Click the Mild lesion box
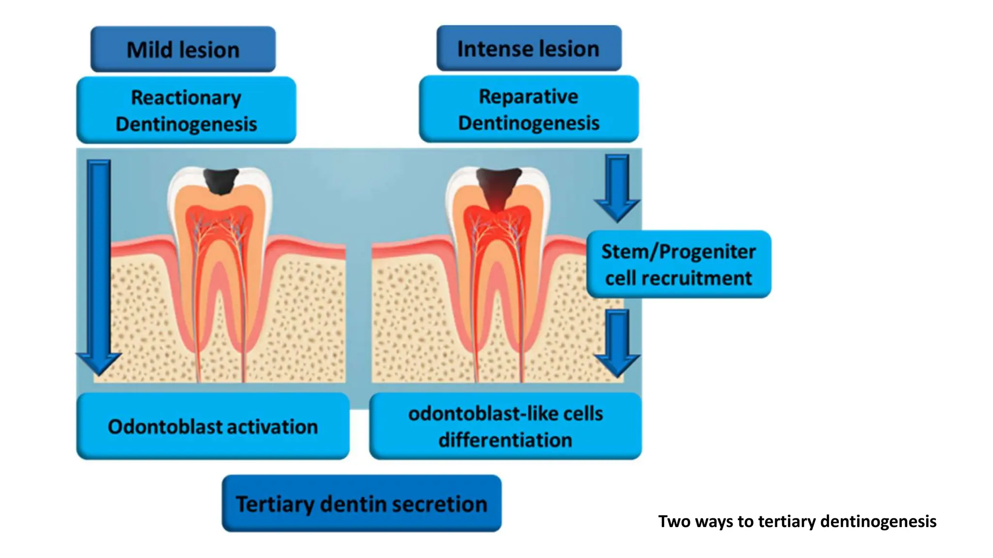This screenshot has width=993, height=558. click(183, 49)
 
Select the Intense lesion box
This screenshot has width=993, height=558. click(529, 48)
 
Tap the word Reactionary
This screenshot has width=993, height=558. click(186, 97)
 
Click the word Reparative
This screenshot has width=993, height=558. click(529, 96)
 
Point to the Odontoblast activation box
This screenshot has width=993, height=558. click(213, 426)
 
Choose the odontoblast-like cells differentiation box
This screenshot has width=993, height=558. click(505, 426)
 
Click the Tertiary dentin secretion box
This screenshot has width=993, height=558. click(361, 504)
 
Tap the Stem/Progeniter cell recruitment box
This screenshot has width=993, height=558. click(678, 264)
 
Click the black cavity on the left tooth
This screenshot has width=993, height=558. click(221, 181)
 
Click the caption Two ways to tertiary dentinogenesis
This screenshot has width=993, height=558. click(797, 521)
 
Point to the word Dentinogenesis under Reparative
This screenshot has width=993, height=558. click(529, 123)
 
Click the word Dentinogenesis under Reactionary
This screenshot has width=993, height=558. click(186, 124)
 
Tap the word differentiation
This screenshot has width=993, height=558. click(505, 440)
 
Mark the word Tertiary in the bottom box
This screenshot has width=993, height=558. click(275, 504)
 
